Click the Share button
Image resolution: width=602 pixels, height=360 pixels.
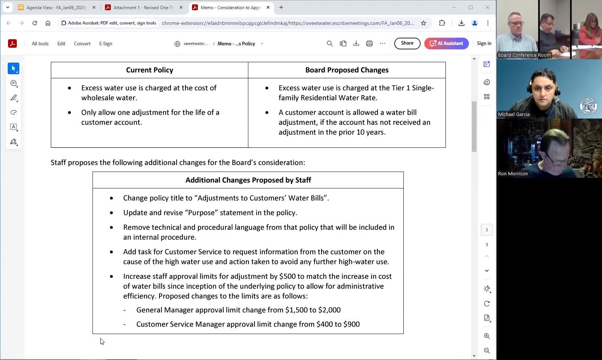point(407,43)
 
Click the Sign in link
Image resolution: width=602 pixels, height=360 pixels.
point(484,43)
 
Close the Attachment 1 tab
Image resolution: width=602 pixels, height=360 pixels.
point(181,7)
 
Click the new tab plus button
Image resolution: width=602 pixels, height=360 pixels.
point(281,7)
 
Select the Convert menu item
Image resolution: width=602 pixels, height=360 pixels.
point(82,44)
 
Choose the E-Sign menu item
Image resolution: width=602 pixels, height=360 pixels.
point(105,44)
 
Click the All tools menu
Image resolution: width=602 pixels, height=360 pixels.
point(40,44)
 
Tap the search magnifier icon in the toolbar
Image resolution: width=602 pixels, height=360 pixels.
point(330,44)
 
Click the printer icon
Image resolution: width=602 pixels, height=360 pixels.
point(369,44)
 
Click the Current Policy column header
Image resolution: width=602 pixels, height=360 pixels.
point(150,70)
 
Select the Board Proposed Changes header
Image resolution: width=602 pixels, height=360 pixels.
point(347,70)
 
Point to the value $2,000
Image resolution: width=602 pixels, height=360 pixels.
point(330,310)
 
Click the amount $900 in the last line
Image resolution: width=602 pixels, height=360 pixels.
point(351,324)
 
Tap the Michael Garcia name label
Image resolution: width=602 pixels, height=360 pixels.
point(513,115)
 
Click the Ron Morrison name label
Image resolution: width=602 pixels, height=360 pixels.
point(513,174)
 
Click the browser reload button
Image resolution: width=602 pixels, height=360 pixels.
point(35,23)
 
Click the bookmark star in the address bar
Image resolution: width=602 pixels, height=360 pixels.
point(424,23)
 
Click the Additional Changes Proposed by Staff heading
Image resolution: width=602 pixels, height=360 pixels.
point(248,180)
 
